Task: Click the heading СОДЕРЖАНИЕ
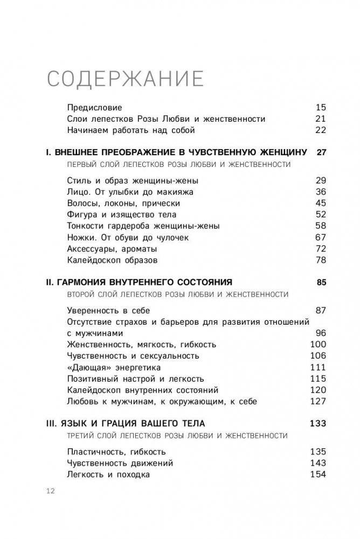coord(125,79)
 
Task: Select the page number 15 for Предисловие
coord(321,107)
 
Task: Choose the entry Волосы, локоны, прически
coord(123,203)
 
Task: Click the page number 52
coord(321,214)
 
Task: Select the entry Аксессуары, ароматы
coord(112,248)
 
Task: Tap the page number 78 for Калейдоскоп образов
coord(321,260)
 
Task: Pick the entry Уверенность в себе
coord(108,310)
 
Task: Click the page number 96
coord(321,333)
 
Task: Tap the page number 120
coord(319,389)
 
